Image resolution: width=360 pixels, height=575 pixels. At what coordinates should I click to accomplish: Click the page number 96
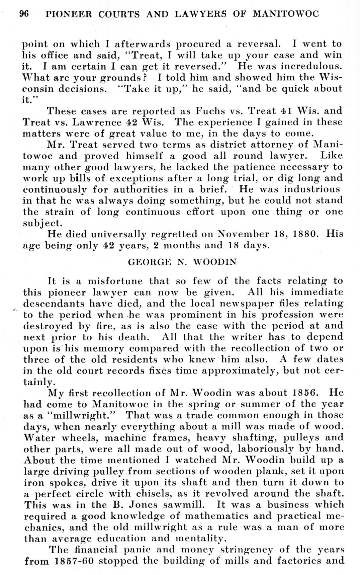pyautogui.click(x=24, y=14)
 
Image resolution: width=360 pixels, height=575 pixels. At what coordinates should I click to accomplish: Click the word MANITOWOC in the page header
pyautogui.click(x=286, y=14)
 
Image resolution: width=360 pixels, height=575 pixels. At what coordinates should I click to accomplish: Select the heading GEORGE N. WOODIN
pyautogui.click(x=182, y=262)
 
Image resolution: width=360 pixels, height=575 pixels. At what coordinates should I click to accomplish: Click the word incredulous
pyautogui.click(x=311, y=66)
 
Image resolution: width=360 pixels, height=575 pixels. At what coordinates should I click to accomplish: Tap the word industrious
pyautogui.click(x=312, y=189)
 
